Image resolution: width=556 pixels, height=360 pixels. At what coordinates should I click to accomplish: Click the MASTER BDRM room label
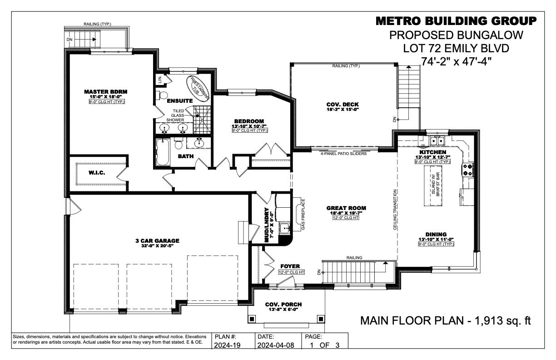tap(106, 92)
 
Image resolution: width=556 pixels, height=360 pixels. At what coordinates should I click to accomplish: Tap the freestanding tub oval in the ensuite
tap(198, 85)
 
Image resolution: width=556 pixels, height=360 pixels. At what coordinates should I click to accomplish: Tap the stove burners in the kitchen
tap(468, 170)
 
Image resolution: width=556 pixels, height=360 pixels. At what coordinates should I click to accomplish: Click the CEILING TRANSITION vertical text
tap(396, 210)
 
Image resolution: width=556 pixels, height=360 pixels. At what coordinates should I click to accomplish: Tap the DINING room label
tap(436, 235)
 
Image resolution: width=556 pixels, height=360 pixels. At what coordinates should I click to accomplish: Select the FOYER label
tap(290, 266)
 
